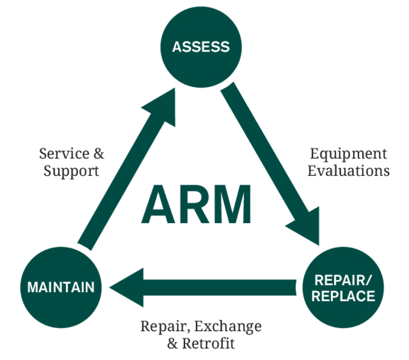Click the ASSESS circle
click(x=201, y=47)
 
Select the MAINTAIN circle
click(x=61, y=287)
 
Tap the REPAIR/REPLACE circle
click(x=344, y=287)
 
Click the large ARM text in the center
click(x=196, y=204)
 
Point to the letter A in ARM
click(x=158, y=204)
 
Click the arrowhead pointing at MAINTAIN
click(x=127, y=287)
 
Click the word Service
click(x=64, y=153)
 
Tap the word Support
click(x=71, y=171)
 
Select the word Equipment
click(x=348, y=154)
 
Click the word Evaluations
click(x=348, y=171)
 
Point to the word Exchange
click(x=228, y=326)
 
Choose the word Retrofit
click(x=208, y=343)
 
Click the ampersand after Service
click(x=99, y=154)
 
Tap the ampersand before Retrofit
click(x=172, y=344)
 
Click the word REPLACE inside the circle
click(x=344, y=296)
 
